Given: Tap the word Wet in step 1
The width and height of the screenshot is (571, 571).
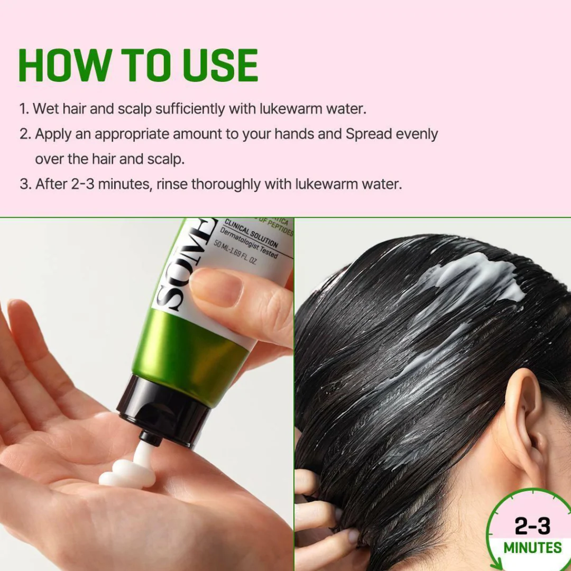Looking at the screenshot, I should click(x=44, y=109).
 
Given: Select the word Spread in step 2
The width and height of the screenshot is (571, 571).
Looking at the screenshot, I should click(x=370, y=134).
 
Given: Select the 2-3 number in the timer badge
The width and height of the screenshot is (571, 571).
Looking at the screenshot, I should click(x=532, y=527).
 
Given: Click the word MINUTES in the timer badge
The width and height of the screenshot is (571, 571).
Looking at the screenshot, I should click(x=532, y=548).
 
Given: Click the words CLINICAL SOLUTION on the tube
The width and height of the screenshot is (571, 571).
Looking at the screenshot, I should click(x=252, y=233).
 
